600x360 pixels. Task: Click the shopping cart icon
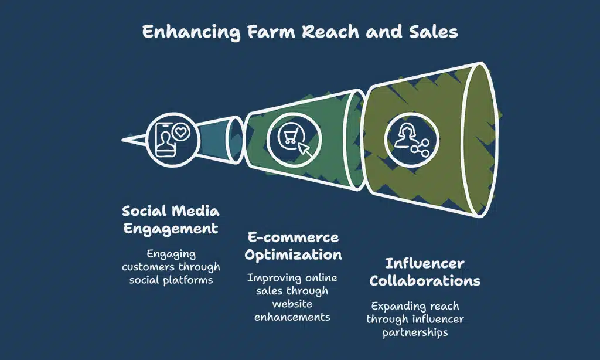289,138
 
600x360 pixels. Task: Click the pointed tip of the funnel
125,140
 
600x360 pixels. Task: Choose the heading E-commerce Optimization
292,246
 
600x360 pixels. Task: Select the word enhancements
292,317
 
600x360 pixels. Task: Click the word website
292,304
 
